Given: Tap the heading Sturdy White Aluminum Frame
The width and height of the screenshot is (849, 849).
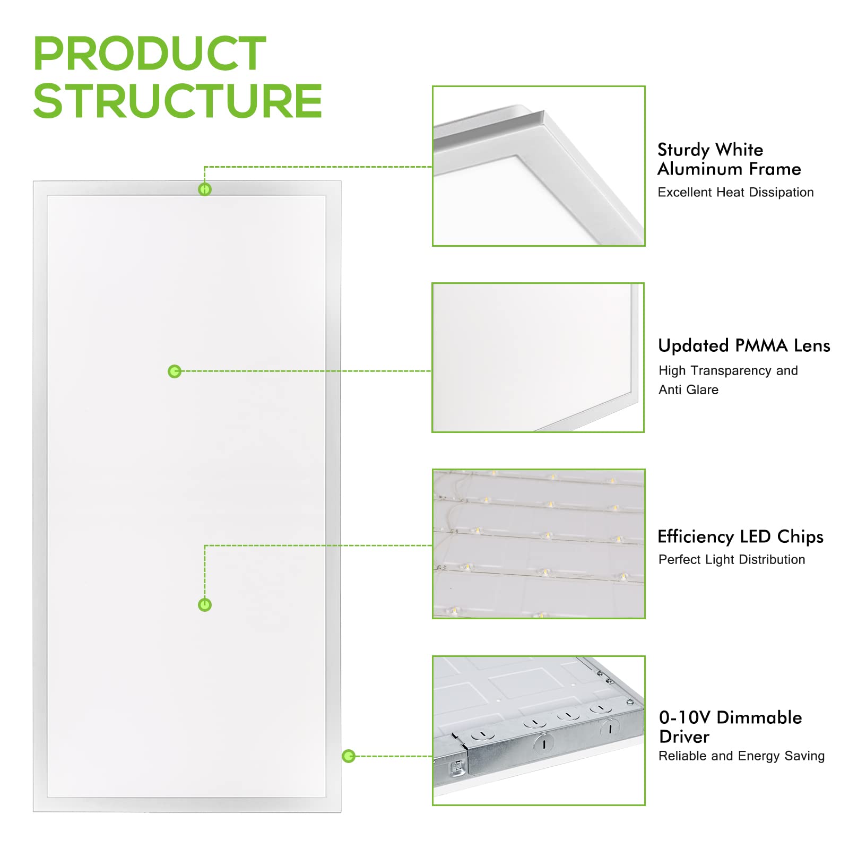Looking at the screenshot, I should tap(729, 159).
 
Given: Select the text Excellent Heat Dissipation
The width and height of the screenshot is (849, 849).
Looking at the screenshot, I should tap(735, 192).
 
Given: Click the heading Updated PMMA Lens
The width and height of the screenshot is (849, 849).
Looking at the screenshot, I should tap(744, 346).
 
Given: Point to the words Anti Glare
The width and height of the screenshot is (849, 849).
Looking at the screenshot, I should tap(688, 389).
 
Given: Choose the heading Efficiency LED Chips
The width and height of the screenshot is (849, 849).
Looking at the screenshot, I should tap(740, 536).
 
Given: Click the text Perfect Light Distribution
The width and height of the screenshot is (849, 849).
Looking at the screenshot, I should tap(732, 559).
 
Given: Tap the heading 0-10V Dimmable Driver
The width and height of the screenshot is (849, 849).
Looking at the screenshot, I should tap(730, 727).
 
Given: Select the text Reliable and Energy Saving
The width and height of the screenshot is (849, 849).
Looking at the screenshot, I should tap(741, 756).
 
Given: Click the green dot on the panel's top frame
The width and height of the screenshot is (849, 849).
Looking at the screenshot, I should tap(204, 189).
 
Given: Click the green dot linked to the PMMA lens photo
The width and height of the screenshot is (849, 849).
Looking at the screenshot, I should tap(175, 371).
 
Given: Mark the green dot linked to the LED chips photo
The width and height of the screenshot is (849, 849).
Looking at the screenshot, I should tap(204, 605).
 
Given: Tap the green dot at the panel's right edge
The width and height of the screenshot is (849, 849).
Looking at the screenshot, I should tap(349, 756).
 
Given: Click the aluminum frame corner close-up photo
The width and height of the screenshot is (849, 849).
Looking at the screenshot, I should tap(539, 166).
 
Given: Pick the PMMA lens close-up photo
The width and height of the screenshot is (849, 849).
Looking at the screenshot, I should tap(538, 358).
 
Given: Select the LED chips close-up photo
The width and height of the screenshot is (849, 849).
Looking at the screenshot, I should tap(539, 544).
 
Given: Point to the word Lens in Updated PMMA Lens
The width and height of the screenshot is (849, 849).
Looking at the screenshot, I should tap(812, 346).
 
